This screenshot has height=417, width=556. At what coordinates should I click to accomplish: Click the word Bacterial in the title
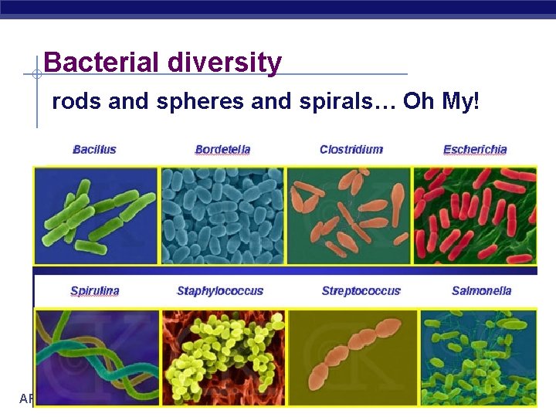91,62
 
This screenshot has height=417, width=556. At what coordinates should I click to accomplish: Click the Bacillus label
94,149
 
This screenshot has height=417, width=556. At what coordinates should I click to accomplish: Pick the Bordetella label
222,149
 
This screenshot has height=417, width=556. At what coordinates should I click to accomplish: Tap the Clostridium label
351,149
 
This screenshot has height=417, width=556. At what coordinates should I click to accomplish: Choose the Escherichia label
475,149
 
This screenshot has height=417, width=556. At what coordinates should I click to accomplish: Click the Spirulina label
95,291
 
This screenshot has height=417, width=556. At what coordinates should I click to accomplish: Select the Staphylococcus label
220,291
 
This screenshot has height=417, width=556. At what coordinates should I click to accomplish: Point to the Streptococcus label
361,291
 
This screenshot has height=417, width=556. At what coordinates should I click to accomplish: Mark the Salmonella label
481,291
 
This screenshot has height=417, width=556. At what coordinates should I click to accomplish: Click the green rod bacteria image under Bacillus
96,215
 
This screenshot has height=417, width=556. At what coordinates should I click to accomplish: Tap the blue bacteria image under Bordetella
222,215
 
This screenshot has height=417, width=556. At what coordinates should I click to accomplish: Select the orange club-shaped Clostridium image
349,215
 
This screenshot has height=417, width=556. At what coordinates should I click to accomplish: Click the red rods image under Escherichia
475,215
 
